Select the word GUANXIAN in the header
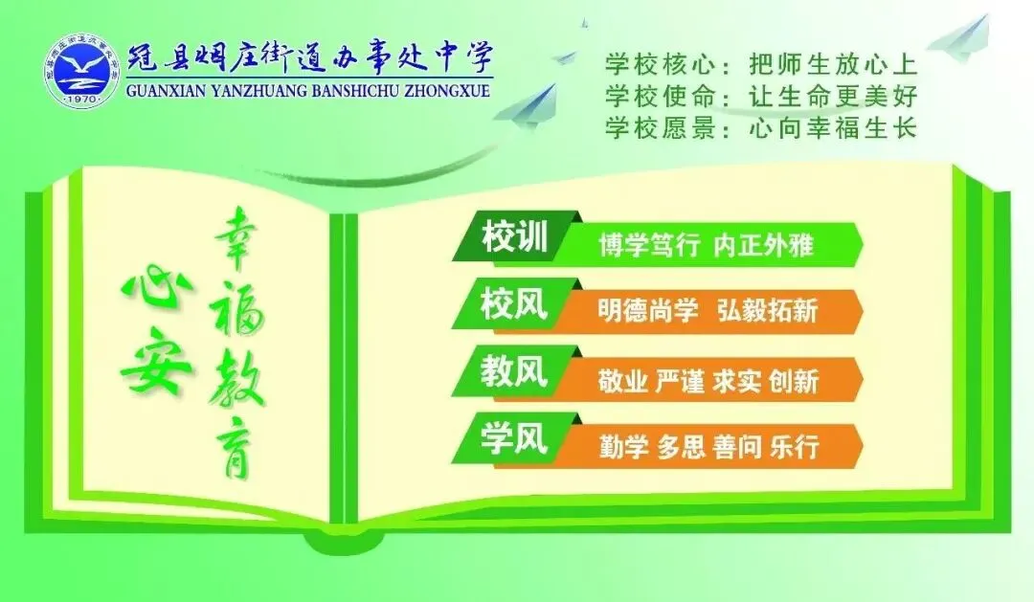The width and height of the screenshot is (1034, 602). pyautogui.click(x=166, y=93)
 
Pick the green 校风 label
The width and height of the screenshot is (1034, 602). pyautogui.click(x=514, y=306)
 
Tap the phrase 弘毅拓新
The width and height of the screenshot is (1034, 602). pyautogui.click(x=767, y=312)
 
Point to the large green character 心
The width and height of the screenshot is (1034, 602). pyautogui.click(x=153, y=287)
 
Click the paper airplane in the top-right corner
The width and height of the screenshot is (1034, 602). pyautogui.click(x=960, y=38)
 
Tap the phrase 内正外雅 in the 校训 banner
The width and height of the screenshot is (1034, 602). pyautogui.click(x=763, y=245)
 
